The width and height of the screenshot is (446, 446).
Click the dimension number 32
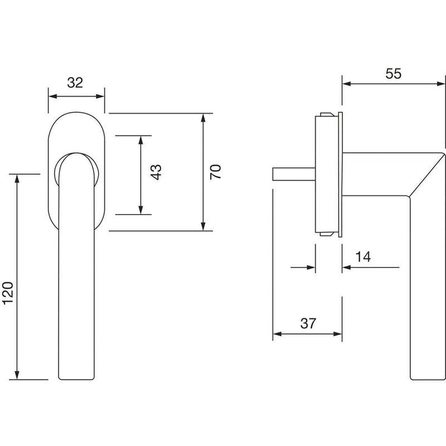point(75,82)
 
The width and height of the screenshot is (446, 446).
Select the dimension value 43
point(156,172)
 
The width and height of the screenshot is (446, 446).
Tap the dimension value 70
point(215,171)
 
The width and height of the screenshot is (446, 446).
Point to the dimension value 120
point(8,293)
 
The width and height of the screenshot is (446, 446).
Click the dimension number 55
point(393,74)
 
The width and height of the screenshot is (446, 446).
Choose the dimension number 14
point(363,257)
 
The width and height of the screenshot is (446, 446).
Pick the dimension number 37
point(308,324)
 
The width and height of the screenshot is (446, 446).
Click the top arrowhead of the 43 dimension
point(141,140)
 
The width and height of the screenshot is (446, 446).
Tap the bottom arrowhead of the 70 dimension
point(203,226)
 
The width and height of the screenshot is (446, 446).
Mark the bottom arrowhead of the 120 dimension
point(17,375)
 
